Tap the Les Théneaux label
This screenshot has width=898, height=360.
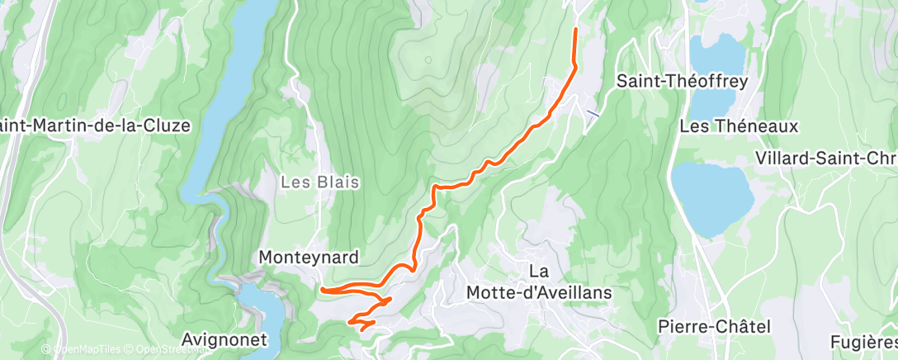point(739,126)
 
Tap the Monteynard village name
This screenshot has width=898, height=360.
point(309,258)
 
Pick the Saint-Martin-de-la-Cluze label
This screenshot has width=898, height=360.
point(95,126)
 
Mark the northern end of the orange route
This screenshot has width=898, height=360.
point(575,30)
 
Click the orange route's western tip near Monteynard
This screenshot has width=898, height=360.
point(323,290)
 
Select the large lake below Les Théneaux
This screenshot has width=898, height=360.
point(711,197)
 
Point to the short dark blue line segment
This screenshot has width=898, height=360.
point(592,112)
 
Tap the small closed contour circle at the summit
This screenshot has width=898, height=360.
point(428,59)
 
